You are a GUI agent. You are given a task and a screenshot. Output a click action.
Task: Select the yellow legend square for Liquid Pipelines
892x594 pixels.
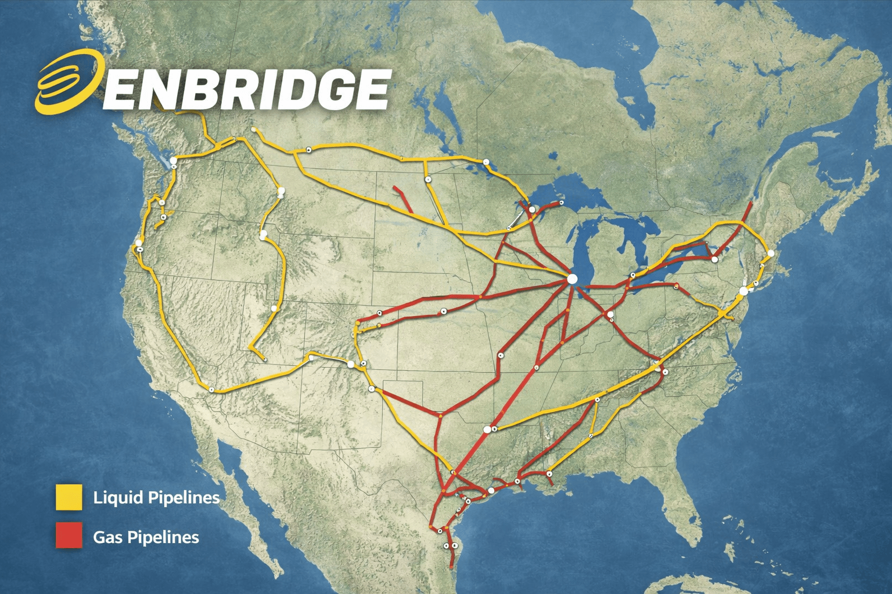[x=69, y=497]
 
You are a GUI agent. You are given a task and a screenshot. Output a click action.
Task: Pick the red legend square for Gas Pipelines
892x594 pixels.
[x=69, y=536]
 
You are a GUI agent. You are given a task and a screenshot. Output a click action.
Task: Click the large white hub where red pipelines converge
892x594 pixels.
[x=572, y=279]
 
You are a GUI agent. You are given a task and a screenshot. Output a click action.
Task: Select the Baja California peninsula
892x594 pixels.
[x=232, y=493]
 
